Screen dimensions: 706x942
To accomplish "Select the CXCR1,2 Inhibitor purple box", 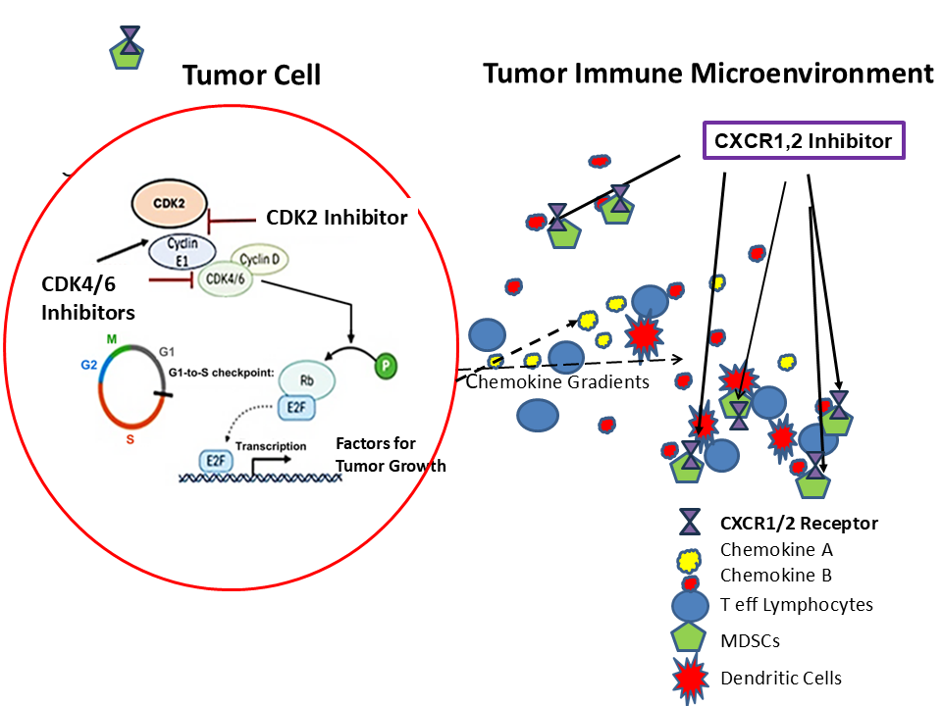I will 804,141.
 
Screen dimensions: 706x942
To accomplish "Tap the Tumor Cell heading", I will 252,75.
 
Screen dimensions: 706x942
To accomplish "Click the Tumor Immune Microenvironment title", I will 706,74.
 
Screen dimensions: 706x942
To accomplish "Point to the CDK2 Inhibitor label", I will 337,218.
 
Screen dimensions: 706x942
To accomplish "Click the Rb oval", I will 307,378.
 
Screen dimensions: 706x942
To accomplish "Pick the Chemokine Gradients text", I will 557,381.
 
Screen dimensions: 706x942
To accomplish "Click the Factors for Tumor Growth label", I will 391,455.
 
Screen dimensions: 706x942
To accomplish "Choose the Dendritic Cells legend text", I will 781,678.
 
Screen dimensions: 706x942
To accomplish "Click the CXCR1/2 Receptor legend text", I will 799,523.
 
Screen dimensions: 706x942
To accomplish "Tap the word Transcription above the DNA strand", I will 270,445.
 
